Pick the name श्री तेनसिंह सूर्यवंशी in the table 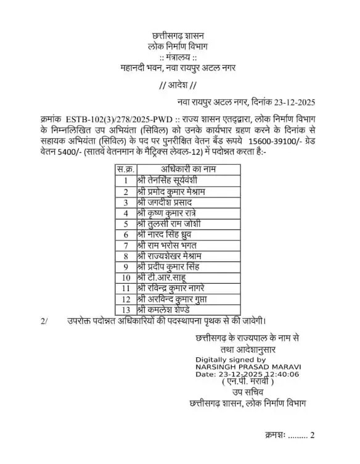174,180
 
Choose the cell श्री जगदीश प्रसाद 165,202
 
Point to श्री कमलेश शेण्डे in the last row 168,310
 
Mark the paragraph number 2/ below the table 44,321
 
